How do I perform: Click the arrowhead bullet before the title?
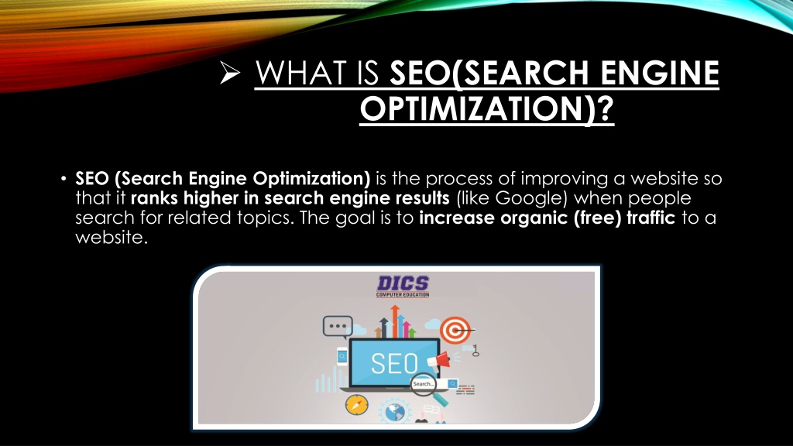[x=230, y=73]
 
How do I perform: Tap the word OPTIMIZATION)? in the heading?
[x=486, y=108]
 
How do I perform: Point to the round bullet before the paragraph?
[x=64, y=179]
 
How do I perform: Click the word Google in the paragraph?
[x=529, y=198]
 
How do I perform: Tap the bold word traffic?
[x=651, y=218]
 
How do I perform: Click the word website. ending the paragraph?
[x=112, y=237]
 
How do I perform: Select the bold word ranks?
[x=154, y=198]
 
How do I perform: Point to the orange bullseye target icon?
[x=455, y=330]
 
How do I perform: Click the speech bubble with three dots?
[x=338, y=327]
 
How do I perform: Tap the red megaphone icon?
[x=439, y=360]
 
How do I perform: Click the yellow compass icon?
[x=356, y=404]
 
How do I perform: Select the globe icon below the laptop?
[x=395, y=411]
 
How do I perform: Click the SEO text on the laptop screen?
[x=394, y=363]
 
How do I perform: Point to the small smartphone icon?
[x=342, y=356]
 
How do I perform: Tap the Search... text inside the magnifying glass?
[x=423, y=384]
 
